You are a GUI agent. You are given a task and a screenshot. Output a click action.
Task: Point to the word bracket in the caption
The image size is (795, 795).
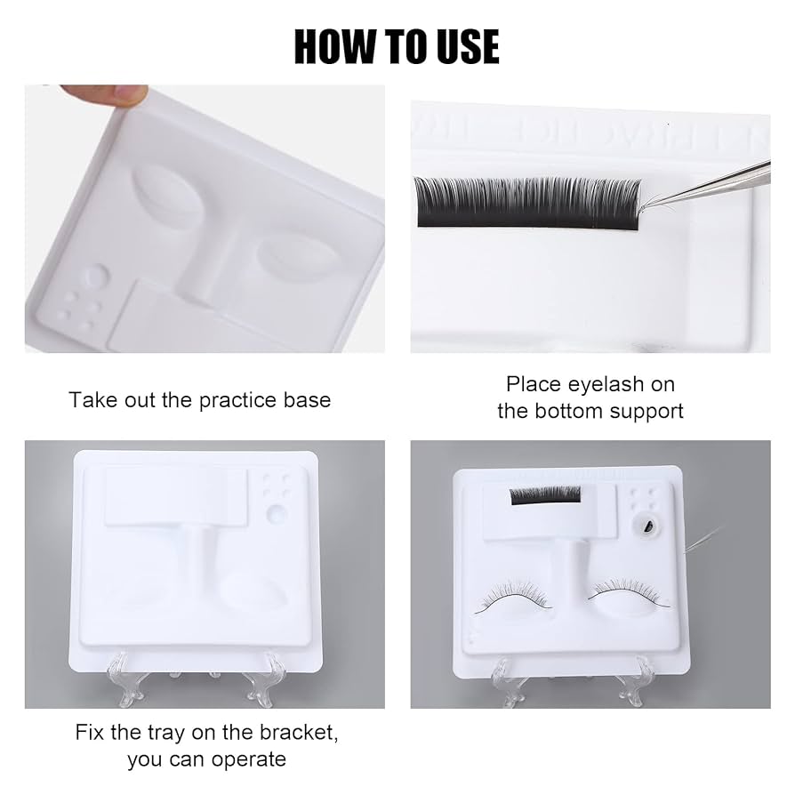[298, 733]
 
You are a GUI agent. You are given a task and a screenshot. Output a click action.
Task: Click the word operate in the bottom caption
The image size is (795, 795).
[248, 760]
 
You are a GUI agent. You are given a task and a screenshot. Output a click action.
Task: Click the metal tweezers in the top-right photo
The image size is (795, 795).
[710, 186]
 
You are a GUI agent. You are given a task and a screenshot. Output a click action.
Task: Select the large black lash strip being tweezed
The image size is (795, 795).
[527, 203]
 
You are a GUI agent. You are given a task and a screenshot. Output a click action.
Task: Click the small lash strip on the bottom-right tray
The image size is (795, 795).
[545, 495]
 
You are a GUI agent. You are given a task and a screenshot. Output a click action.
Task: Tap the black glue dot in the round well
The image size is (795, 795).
[647, 528]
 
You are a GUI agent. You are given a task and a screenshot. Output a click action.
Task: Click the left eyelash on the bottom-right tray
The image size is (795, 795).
[512, 598]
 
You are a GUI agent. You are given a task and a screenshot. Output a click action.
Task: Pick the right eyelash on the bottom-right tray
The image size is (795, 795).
[629, 592]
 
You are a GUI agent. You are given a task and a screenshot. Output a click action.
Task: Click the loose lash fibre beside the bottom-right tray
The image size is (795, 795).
[703, 540]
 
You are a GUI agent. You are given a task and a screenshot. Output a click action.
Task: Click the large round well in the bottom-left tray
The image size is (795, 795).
[277, 513]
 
